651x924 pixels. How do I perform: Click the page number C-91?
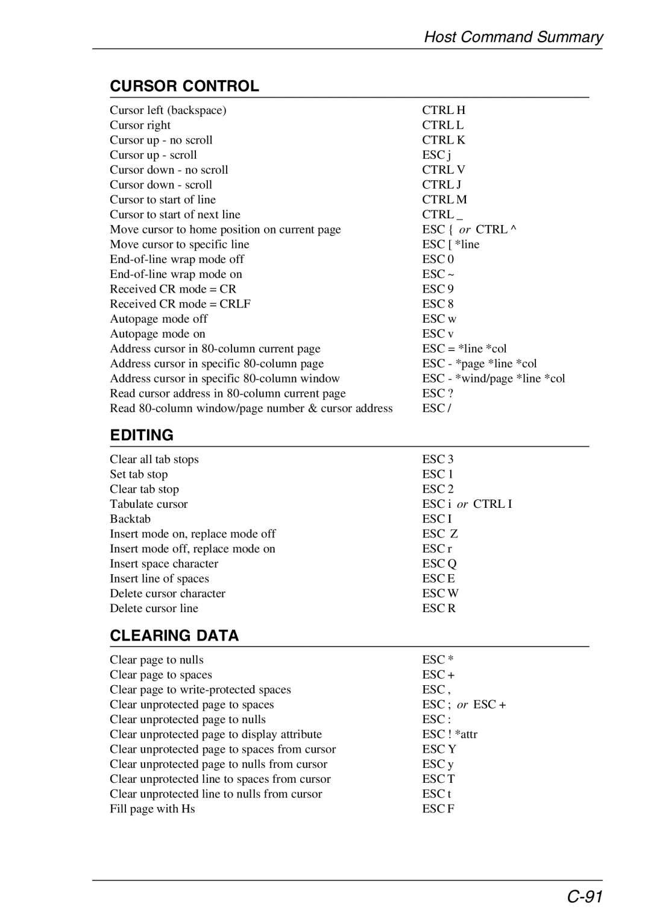pyautogui.click(x=585, y=897)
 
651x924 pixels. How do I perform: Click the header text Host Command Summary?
pyautogui.click(x=513, y=37)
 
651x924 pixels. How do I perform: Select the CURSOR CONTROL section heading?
pyautogui.click(x=184, y=86)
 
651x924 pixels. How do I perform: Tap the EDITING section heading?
pyautogui.click(x=142, y=435)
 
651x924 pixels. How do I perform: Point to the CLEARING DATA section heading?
pyautogui.click(x=174, y=636)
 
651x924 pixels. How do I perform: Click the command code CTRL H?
pyautogui.click(x=444, y=110)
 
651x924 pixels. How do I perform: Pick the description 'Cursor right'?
pyautogui.click(x=140, y=125)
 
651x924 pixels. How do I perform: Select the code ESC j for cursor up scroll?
pyautogui.click(x=436, y=155)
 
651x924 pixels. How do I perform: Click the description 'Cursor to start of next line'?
pyautogui.click(x=175, y=215)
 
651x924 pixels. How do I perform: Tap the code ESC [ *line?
pyautogui.click(x=451, y=244)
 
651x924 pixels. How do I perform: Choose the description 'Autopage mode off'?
pyautogui.click(x=159, y=319)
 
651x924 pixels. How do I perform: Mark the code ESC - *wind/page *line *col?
pyautogui.click(x=494, y=379)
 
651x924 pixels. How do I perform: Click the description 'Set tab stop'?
pyautogui.click(x=139, y=475)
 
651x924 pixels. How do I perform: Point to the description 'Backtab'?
pyautogui.click(x=130, y=519)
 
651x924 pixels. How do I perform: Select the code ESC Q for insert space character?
pyautogui.click(x=439, y=564)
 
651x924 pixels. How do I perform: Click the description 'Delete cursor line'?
pyautogui.click(x=154, y=609)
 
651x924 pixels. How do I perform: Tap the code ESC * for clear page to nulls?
pyautogui.click(x=438, y=660)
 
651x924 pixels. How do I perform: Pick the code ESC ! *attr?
pyautogui.click(x=450, y=735)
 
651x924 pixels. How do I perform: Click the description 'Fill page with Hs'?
pyautogui.click(x=153, y=809)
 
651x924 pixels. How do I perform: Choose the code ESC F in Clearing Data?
pyautogui.click(x=438, y=809)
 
